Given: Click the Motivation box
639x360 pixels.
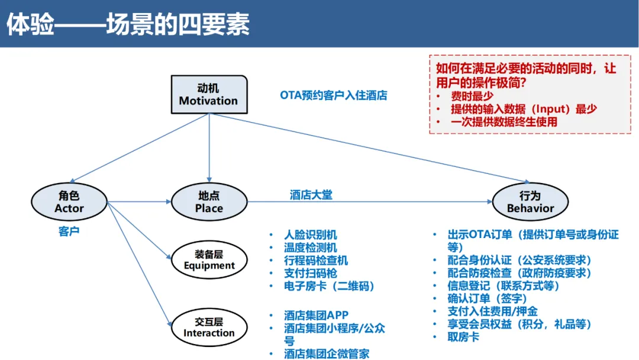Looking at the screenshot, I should [208, 94].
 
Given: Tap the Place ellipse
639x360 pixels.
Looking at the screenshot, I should [209, 202].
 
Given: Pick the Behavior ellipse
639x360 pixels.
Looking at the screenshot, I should [530, 202].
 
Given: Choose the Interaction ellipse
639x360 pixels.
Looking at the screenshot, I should [209, 327].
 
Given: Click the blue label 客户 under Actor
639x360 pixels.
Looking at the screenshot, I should [69, 232].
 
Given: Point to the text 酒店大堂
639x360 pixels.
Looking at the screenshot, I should [311, 195].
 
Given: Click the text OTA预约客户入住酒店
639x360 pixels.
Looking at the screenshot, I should [334, 95].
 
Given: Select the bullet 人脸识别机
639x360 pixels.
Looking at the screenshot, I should [311, 235].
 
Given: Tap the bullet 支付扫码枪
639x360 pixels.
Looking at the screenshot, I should [311, 273].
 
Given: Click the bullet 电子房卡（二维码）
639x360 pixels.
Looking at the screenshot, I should [330, 286].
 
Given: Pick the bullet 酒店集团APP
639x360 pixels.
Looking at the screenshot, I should [316, 316].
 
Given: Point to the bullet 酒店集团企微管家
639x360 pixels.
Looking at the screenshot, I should [327, 353].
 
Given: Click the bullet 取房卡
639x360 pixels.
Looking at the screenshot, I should [463, 337].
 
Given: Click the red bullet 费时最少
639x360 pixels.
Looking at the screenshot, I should [472, 96].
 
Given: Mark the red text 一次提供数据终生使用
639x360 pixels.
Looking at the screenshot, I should [504, 122].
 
